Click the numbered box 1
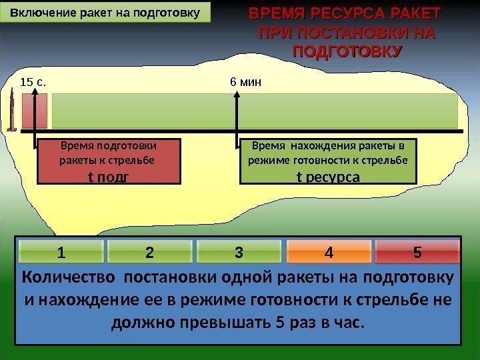tap(61, 253)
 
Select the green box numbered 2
tap(149, 253)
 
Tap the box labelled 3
tap(239, 253)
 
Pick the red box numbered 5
tap(417, 253)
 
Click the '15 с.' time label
tap(33, 83)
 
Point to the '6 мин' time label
tap(245, 83)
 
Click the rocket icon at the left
tap(12, 112)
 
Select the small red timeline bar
tap(35, 111)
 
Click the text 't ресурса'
tap(328, 177)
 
